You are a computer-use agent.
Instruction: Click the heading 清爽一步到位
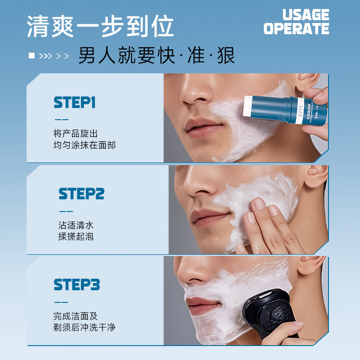click(x=100, y=27)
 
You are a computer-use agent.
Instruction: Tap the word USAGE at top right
click(x=306, y=15)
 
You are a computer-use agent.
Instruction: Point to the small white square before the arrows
click(x=31, y=56)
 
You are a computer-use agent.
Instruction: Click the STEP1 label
click(x=75, y=103)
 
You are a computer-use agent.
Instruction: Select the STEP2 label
click(x=81, y=194)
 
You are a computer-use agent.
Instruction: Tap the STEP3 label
click(x=76, y=285)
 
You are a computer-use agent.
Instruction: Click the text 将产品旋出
click(x=75, y=134)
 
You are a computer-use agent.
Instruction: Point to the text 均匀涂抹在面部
click(x=84, y=145)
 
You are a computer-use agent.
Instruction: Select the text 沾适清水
click(x=76, y=225)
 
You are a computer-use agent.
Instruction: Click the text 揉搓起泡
click(x=76, y=236)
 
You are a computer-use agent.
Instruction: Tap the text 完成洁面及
click(x=75, y=316)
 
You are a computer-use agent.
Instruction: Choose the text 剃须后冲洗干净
click(x=84, y=327)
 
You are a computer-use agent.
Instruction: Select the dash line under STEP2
click(x=65, y=211)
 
